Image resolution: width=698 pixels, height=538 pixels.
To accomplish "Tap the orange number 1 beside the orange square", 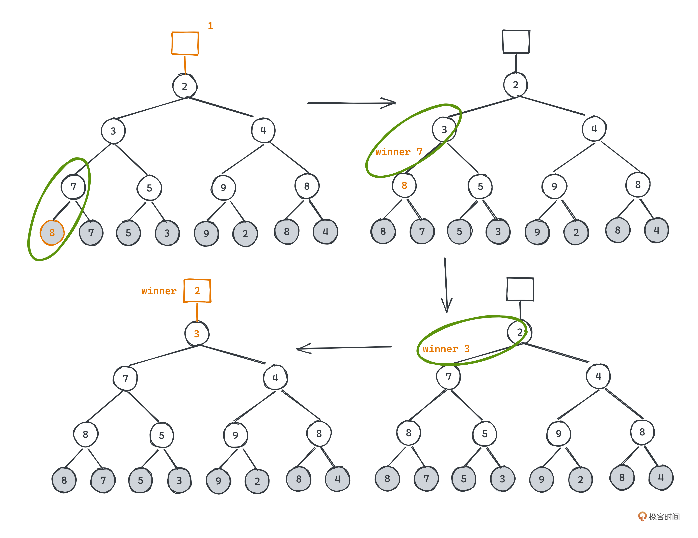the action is [x=210, y=26].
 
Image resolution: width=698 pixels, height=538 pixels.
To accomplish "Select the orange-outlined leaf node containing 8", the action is [x=52, y=233].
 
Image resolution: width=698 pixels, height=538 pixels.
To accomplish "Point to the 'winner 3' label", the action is [x=446, y=349].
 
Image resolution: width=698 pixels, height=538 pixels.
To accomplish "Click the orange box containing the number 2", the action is [x=197, y=291].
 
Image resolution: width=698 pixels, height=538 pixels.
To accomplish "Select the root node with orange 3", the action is [x=197, y=334].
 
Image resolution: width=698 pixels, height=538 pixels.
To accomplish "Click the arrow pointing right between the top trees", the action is [x=351, y=103].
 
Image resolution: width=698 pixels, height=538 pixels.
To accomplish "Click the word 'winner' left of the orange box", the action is [x=159, y=291].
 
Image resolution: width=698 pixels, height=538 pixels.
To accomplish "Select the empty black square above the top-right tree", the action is [x=516, y=42].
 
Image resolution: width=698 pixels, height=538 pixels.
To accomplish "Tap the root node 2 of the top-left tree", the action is [x=185, y=86].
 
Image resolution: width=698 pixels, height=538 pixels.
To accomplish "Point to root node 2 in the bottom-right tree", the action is [x=520, y=332].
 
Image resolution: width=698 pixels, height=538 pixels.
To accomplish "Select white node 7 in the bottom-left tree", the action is [x=125, y=378].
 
